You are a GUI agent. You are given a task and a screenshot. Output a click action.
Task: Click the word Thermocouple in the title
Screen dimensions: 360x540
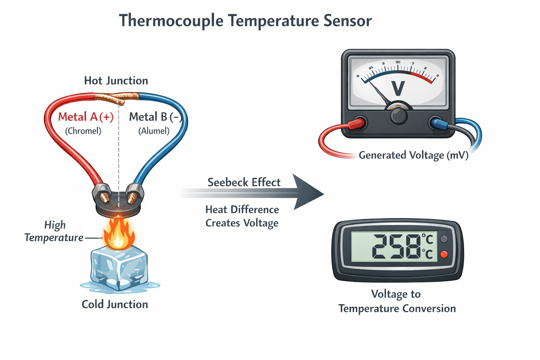(171, 20)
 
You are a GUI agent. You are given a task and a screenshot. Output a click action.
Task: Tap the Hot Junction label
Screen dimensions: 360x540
(116, 81)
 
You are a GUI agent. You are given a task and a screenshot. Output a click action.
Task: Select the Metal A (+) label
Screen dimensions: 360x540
(86, 117)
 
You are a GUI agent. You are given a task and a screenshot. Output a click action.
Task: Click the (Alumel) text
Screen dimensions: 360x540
(154, 131)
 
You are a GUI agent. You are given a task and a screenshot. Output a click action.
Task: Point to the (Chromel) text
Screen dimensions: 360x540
(83, 131)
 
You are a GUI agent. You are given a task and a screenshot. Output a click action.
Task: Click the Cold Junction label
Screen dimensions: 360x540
(115, 304)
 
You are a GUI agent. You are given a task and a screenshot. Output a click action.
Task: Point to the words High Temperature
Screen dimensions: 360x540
(54, 231)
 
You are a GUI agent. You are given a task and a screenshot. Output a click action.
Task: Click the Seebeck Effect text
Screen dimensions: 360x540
(244, 182)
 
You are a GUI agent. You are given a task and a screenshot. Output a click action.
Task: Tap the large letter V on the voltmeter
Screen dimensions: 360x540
(398, 88)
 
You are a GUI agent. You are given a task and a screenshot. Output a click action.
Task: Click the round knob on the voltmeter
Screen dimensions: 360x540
(398, 115)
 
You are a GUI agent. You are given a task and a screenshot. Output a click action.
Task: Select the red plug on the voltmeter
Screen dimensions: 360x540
(356, 124)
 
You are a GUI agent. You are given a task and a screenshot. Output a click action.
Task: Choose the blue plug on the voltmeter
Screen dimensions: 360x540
(440, 124)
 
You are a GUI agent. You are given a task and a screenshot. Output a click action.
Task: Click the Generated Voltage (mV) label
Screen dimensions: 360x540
(413, 155)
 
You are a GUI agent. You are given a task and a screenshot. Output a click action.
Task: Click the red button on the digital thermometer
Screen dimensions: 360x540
(444, 254)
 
